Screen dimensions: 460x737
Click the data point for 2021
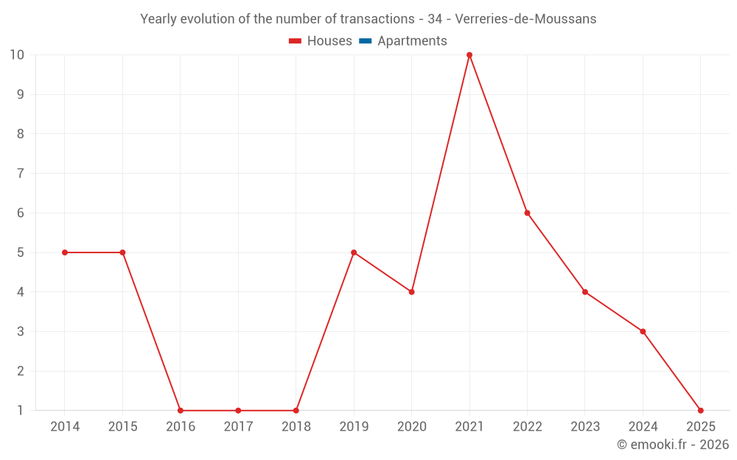tap(469, 55)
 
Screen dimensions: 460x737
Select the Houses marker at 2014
tap(65, 252)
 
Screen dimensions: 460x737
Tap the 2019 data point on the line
tap(354, 252)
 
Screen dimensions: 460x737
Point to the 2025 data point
tap(700, 411)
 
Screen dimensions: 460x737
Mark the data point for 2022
tap(527, 213)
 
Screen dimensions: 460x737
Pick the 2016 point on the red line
tap(181, 411)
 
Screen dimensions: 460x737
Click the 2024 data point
tap(643, 331)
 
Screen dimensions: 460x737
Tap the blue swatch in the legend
tap(365, 41)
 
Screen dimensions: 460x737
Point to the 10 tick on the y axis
tap(17, 55)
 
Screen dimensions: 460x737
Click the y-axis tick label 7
tap(21, 174)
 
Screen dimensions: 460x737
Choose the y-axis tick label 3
tap(21, 331)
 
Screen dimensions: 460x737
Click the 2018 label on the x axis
tap(296, 427)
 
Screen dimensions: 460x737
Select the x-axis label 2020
tap(412, 427)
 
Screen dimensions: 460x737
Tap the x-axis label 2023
tap(585, 427)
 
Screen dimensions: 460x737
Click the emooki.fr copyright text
tap(673, 445)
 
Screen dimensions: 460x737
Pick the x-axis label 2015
tap(123, 427)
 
